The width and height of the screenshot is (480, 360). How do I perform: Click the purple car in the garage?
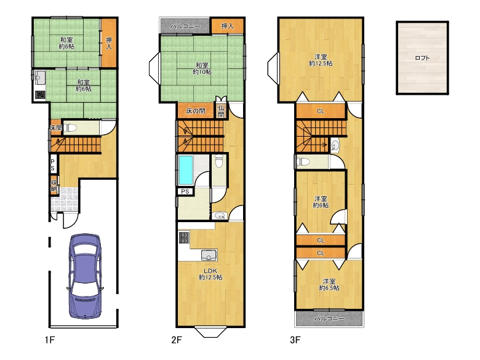84,276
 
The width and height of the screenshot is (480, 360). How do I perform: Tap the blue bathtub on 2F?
186,170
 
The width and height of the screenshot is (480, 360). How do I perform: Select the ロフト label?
422,58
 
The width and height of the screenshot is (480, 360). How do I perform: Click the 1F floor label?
50,340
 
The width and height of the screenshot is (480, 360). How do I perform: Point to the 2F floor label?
177,340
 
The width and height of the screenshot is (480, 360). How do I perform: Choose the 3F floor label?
295,340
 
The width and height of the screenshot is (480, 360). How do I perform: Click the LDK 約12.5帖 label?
210,274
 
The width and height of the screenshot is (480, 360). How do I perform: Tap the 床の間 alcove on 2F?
196,111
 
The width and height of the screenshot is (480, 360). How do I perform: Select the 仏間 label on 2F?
222,111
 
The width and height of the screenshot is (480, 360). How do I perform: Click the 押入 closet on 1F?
109,43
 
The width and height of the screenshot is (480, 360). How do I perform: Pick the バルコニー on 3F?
329,318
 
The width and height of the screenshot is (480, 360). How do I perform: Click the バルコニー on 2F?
185,26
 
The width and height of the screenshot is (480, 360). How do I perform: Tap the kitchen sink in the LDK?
209,255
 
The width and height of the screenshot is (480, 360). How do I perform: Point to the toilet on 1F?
70,127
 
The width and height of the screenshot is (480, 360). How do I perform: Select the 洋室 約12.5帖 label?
321,60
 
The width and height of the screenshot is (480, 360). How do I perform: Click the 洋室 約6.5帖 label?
329,284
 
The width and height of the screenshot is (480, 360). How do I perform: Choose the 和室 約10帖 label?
202,68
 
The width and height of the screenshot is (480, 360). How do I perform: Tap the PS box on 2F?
185,191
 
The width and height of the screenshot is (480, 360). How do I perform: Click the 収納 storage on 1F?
54,185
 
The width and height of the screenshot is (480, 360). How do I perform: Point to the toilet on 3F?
303,161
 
